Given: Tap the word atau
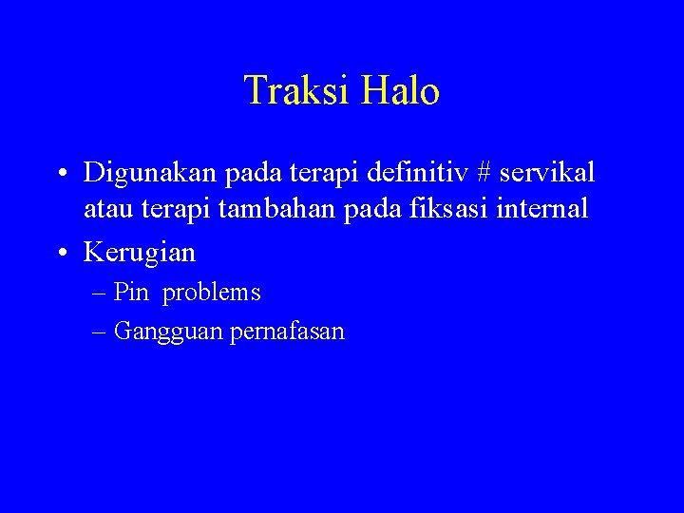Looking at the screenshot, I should coord(104,208).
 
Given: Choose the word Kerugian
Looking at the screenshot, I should coord(140,252).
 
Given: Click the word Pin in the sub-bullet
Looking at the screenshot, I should coord(131,293).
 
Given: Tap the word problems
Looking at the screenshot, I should coord(211,293).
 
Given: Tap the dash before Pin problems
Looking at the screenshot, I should coord(101,294).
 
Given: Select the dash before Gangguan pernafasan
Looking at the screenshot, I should coord(101,332).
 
